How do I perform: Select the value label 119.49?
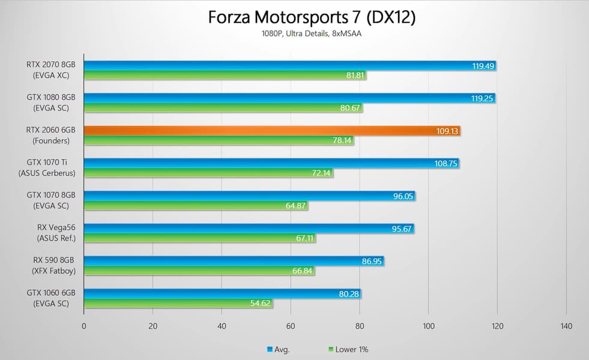point(483,66)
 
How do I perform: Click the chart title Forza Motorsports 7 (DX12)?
point(312,17)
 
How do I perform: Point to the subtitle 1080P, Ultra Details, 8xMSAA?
point(312,34)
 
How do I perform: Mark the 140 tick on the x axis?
point(566,326)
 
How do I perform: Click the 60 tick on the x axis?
point(291,326)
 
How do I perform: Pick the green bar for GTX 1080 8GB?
point(216,108)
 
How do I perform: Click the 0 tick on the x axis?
point(84,326)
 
